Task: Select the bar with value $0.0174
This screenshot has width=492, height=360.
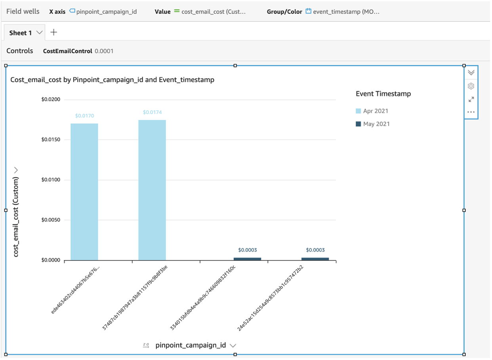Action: (x=152, y=190)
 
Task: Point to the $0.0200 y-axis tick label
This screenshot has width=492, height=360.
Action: (x=51, y=100)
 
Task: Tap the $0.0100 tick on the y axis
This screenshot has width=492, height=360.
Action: (x=51, y=180)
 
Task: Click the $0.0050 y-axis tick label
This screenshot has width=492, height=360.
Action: (x=51, y=220)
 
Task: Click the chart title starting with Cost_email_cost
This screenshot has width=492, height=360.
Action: (x=112, y=80)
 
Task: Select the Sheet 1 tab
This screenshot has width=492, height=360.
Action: (x=21, y=33)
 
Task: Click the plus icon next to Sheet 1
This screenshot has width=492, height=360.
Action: (x=54, y=33)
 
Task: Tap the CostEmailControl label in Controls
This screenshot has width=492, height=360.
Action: (x=67, y=51)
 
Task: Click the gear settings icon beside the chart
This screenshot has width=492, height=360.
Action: (x=471, y=86)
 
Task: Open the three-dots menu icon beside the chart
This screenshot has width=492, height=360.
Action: (x=471, y=112)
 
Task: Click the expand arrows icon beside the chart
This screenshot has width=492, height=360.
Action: (x=471, y=99)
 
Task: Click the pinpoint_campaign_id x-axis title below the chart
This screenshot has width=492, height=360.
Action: (x=191, y=345)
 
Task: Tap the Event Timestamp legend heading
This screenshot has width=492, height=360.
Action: (x=383, y=94)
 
